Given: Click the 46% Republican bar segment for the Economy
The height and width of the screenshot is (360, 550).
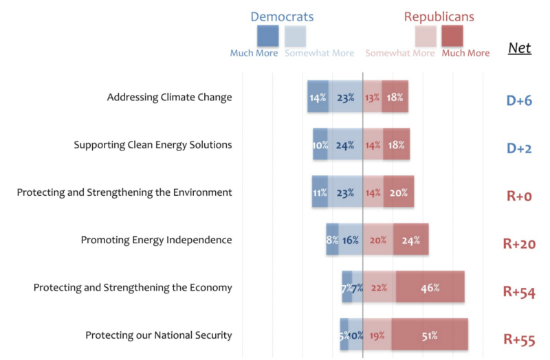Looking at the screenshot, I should pyautogui.click(x=430, y=287).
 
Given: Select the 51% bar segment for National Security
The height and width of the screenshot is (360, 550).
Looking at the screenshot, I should pyautogui.click(x=430, y=335).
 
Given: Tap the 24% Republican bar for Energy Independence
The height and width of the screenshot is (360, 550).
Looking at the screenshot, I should pyautogui.click(x=411, y=240).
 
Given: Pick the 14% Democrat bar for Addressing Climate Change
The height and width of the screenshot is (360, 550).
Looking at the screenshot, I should pyautogui.click(x=318, y=97).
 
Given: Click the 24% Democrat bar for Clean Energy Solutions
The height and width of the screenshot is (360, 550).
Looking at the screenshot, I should pyautogui.click(x=345, y=144).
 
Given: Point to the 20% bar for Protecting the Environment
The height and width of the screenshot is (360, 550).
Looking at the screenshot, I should pyautogui.click(x=399, y=192).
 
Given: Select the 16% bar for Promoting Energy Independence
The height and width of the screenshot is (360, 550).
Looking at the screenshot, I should pyautogui.click(x=351, y=240).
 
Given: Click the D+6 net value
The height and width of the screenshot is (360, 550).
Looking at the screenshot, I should pyautogui.click(x=519, y=101).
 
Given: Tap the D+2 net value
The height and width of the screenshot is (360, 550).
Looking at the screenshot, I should pyautogui.click(x=519, y=148).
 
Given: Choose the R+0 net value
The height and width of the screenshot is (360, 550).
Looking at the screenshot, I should pyautogui.click(x=519, y=196).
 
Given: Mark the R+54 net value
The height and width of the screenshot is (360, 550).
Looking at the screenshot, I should pyautogui.click(x=519, y=291).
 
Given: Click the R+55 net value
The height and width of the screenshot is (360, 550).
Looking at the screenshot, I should pyautogui.click(x=519, y=339).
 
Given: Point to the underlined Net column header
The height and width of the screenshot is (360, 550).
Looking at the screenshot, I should pyautogui.click(x=519, y=48).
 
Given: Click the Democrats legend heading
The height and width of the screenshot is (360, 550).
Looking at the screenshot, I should pyautogui.click(x=282, y=16).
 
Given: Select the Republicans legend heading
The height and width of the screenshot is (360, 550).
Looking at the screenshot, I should pyautogui.click(x=439, y=16).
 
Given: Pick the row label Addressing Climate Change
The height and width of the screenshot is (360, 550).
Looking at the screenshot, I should pyautogui.click(x=169, y=97).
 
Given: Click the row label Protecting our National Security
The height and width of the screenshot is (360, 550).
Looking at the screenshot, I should pyautogui.click(x=159, y=335).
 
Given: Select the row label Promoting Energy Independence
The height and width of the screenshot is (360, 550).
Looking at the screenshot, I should pyautogui.click(x=156, y=240).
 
